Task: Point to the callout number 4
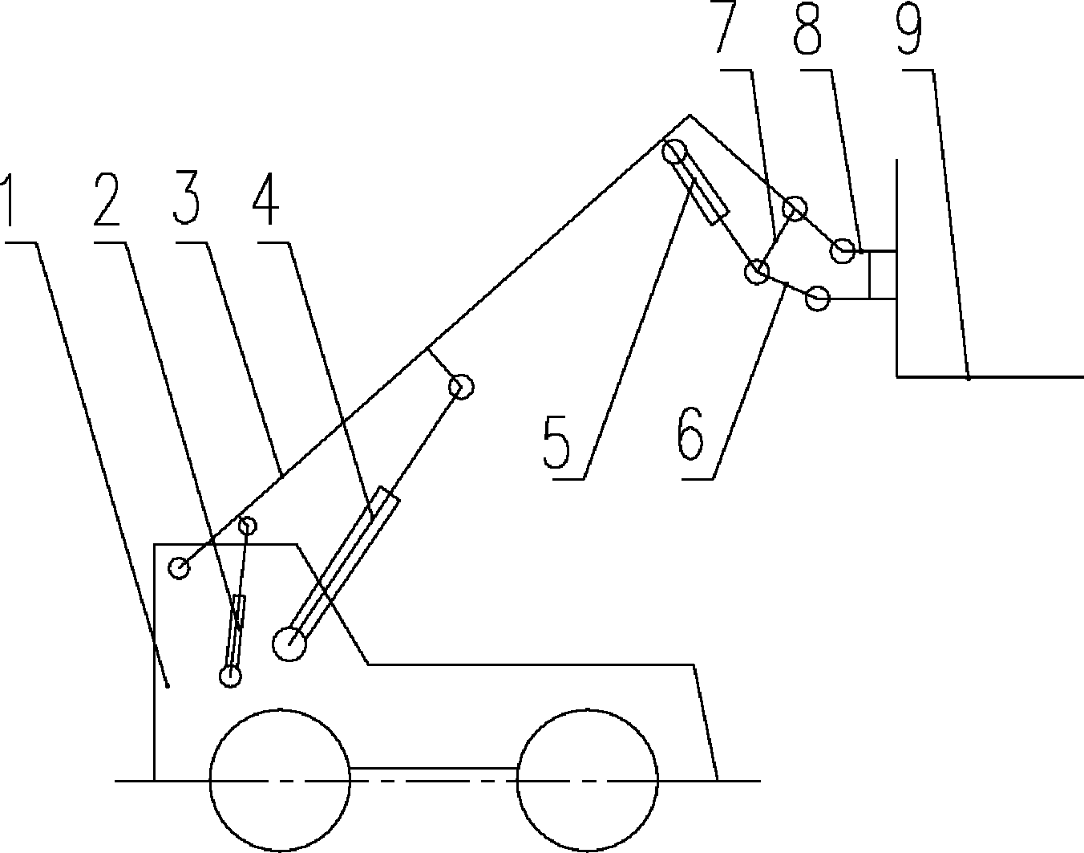[x=266, y=201]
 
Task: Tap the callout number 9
[x=909, y=30]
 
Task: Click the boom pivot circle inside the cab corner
[x=180, y=568]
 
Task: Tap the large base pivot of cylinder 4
[x=289, y=644]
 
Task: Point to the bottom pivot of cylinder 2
[x=230, y=676]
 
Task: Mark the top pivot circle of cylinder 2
[x=248, y=526]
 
